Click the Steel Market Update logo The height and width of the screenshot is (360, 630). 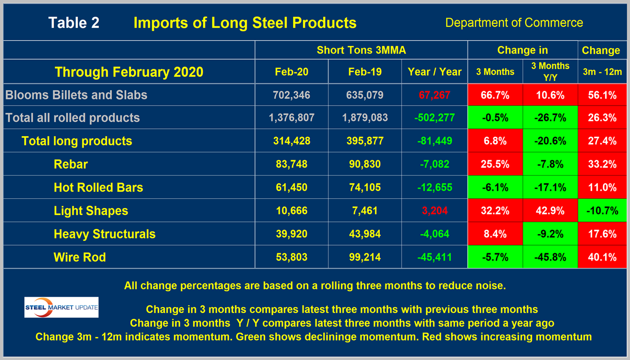[x=61, y=307]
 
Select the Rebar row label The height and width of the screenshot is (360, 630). [x=70, y=164]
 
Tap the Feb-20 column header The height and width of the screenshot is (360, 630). [x=291, y=71]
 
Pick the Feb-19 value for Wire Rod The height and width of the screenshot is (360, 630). [x=365, y=257]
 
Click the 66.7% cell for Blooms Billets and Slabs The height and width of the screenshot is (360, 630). [x=495, y=95]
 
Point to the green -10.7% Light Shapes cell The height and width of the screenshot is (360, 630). [x=602, y=211]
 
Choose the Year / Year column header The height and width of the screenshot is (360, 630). [x=434, y=71]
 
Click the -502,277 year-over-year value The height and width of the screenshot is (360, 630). [x=434, y=118]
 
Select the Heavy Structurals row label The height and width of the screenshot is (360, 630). [x=104, y=234]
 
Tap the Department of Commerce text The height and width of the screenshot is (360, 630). [x=514, y=23]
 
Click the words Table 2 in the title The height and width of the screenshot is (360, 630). [x=74, y=23]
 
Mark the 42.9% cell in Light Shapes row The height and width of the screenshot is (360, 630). [x=550, y=211]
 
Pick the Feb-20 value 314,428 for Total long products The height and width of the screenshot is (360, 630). [x=291, y=141]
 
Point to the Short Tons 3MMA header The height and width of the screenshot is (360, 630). [x=361, y=50]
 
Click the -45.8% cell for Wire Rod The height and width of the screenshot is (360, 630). [x=550, y=257]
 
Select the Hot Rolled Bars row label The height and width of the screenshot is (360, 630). [x=98, y=188]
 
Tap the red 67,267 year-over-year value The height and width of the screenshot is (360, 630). [x=434, y=95]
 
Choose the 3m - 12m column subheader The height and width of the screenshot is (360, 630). [x=602, y=71]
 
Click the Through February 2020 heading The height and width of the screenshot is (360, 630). [x=129, y=71]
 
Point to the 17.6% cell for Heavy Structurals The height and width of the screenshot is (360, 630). [x=602, y=234]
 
